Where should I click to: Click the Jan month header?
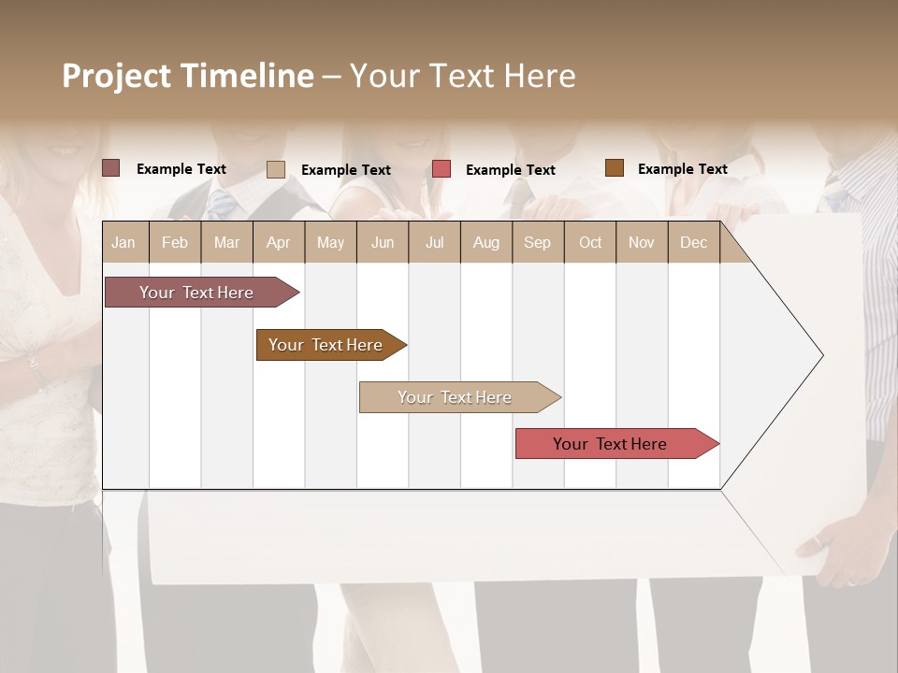pyautogui.click(x=123, y=242)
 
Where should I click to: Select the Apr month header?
pyautogui.click(x=278, y=242)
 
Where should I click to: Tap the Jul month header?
pyautogui.click(x=434, y=242)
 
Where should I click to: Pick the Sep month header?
pyautogui.click(x=537, y=242)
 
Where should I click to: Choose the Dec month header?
pyautogui.click(x=693, y=242)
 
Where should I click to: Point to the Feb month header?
pyautogui.click(x=175, y=242)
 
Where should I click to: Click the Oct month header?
pyautogui.click(x=590, y=242)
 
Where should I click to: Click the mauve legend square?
pyautogui.click(x=111, y=168)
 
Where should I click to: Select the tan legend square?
pyautogui.click(x=276, y=169)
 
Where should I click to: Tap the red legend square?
pyautogui.click(x=442, y=169)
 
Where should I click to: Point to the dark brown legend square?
pyautogui.click(x=615, y=168)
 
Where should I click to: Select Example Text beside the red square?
pyautogui.click(x=511, y=170)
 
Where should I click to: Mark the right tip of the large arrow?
pyautogui.click(x=822, y=355)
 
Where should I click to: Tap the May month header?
pyautogui.click(x=330, y=242)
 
